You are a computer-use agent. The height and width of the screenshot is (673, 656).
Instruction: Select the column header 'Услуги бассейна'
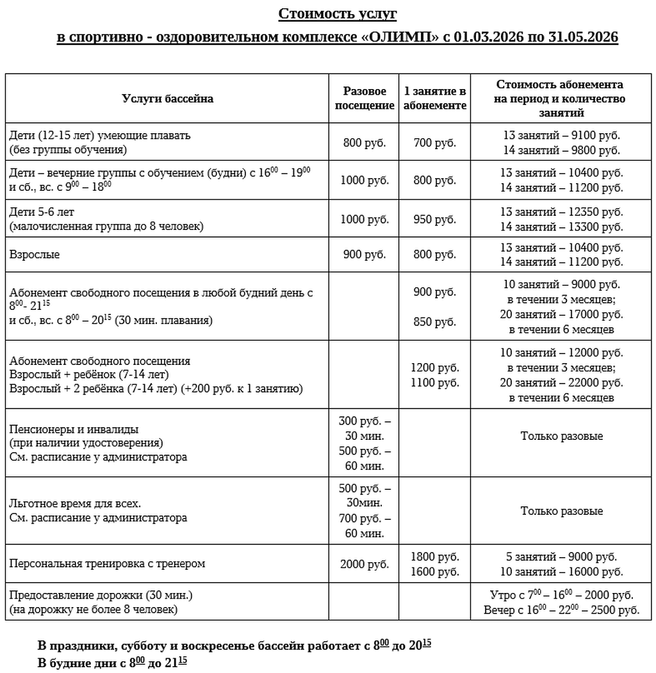coord(168,99)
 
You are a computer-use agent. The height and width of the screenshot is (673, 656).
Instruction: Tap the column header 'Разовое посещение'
coord(365,99)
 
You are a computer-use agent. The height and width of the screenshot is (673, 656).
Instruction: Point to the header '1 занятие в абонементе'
coord(434,99)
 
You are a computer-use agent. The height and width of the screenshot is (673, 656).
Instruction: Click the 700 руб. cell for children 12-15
coord(434,142)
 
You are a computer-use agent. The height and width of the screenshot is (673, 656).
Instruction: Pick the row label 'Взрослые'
coord(35,254)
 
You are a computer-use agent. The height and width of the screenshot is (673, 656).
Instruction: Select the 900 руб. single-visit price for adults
coord(365,254)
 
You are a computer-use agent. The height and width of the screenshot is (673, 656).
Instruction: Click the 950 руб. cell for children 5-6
coord(434,219)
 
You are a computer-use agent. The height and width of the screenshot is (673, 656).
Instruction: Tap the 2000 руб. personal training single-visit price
coord(365,564)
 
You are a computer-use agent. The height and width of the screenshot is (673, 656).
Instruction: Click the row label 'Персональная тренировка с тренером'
coord(107,564)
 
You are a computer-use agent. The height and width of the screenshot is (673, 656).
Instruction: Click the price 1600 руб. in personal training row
coord(434,572)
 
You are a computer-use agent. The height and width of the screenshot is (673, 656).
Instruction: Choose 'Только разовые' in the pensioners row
coord(562,436)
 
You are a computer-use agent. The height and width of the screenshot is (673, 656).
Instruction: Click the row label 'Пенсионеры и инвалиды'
coord(74,429)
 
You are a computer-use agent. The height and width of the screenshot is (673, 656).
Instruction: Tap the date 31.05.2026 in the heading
coord(583,36)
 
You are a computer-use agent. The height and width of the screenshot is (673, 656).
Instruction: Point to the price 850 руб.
coord(434,322)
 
